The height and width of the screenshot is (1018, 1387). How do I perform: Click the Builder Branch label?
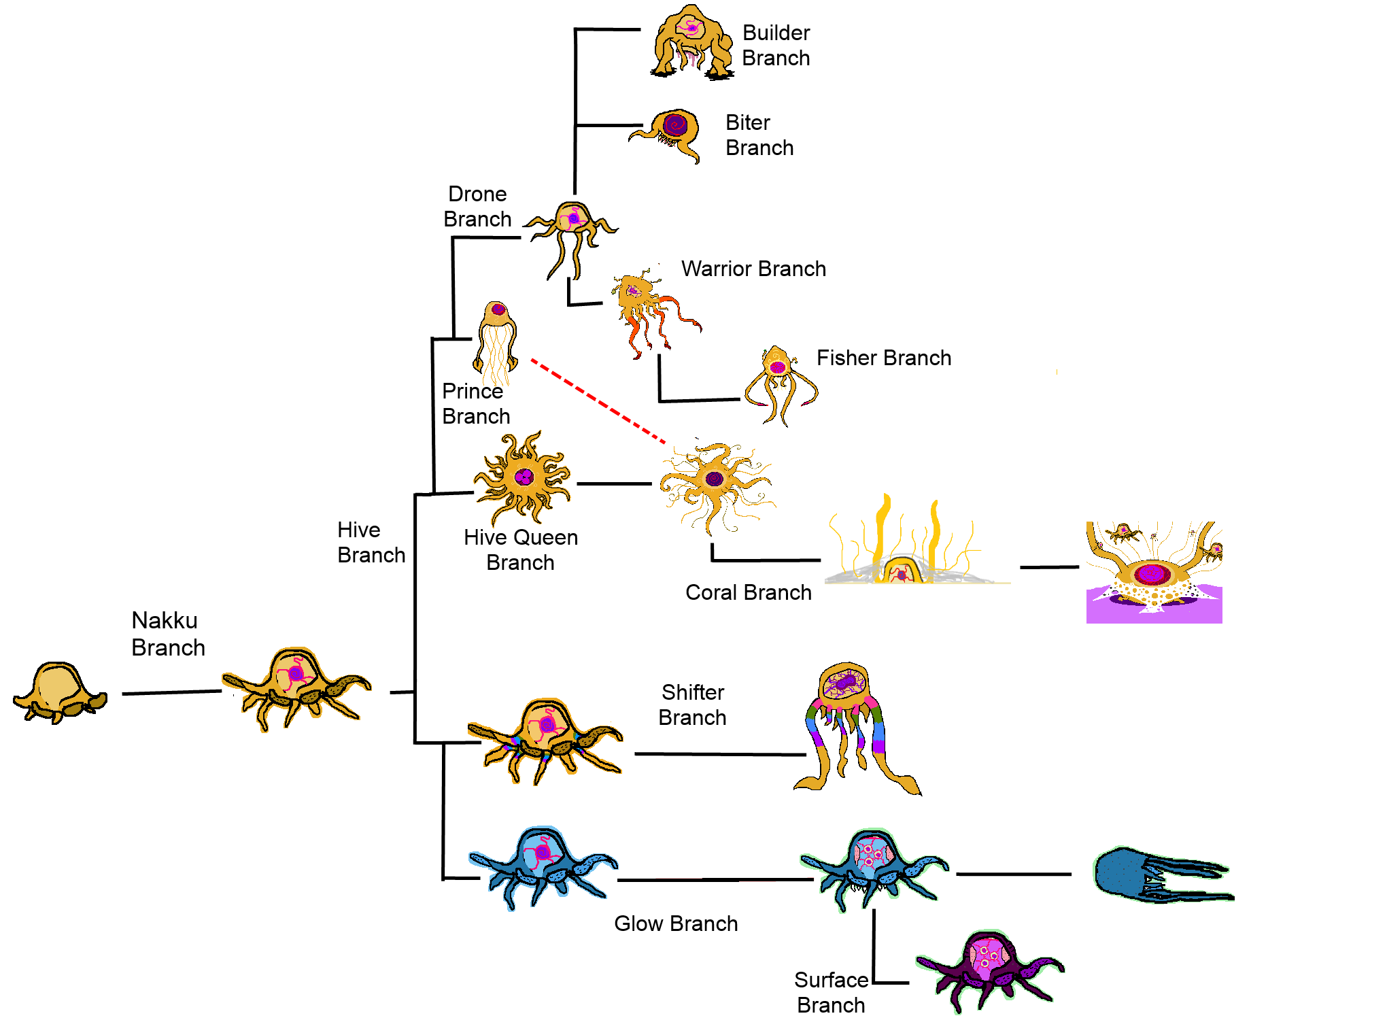[776, 46]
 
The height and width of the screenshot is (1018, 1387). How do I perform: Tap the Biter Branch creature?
[670, 133]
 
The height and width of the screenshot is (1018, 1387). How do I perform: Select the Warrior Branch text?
[753, 269]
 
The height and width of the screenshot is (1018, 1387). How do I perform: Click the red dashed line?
[598, 401]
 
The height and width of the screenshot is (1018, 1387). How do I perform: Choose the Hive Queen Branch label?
[521, 550]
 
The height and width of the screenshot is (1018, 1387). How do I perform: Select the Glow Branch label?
[676, 923]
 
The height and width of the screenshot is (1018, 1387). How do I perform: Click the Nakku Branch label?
[167, 634]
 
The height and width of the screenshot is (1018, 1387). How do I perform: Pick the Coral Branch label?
[748, 592]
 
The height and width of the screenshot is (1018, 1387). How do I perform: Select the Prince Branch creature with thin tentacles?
[497, 340]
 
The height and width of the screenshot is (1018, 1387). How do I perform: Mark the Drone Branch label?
[477, 207]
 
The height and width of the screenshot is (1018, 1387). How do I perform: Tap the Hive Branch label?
[371, 543]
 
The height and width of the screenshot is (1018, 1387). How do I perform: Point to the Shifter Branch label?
[693, 705]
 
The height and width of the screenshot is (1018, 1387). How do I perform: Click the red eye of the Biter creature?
[675, 124]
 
